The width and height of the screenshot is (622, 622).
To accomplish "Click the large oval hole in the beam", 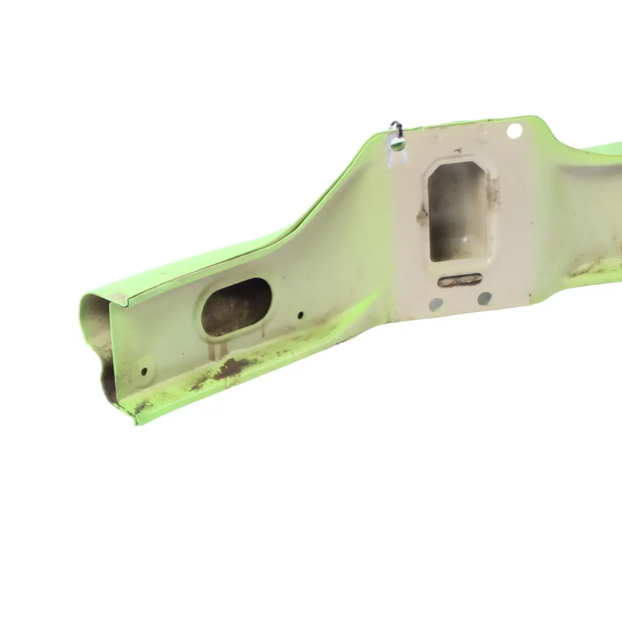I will tap(236, 307).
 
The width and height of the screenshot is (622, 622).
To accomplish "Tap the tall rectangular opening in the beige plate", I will tap(458, 211).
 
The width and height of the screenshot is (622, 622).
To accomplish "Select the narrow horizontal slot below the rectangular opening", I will tap(460, 280).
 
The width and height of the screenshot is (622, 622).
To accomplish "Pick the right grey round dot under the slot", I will tap(484, 298).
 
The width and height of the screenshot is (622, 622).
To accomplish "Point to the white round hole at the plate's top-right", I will tap(514, 131).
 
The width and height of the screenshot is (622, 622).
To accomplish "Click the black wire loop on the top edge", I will tap(396, 127).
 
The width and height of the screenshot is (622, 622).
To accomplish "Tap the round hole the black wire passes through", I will tap(397, 145).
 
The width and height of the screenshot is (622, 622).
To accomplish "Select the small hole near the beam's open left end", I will tap(143, 371).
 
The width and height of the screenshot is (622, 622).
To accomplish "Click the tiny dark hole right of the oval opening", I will tap(300, 315).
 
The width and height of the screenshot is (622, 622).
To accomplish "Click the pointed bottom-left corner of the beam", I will tap(136, 423).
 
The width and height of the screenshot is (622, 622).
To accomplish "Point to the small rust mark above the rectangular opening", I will tap(458, 151).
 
